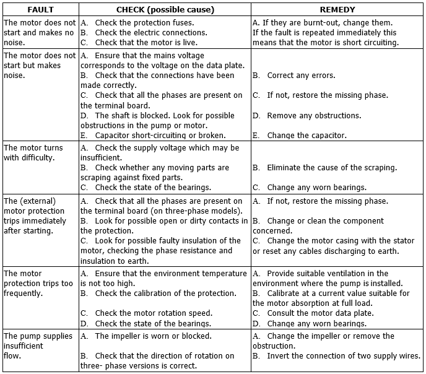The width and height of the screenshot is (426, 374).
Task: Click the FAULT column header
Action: click(x=41, y=10)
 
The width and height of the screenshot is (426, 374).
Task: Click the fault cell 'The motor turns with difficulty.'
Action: click(x=33, y=153)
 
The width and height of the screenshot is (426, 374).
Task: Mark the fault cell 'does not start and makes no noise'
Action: click(x=39, y=33)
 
